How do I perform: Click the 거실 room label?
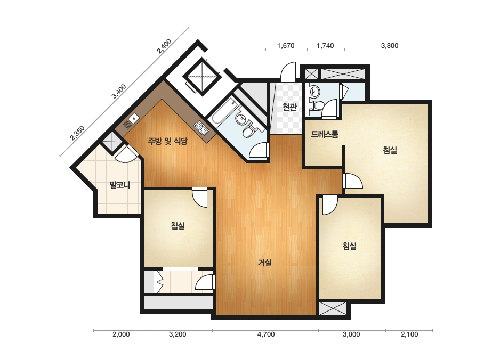pyautogui.click(x=265, y=262)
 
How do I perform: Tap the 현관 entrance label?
pyautogui.click(x=289, y=107)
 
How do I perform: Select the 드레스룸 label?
pyautogui.click(x=325, y=134)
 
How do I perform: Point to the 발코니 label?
pyautogui.click(x=119, y=185)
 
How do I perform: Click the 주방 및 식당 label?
pyautogui.click(x=167, y=141)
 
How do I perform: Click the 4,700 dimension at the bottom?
pyautogui.click(x=266, y=334)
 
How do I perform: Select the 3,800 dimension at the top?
pyautogui.click(x=390, y=45)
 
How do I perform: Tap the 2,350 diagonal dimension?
pyautogui.click(x=77, y=133)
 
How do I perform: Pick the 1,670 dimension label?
pyautogui.click(x=286, y=45)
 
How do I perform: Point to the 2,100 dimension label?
pyautogui.click(x=409, y=334)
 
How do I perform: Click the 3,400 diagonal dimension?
pyautogui.click(x=119, y=91)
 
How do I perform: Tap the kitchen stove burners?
pyautogui.click(x=201, y=128)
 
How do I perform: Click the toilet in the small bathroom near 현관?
pyautogui.click(x=316, y=105)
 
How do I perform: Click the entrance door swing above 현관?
pyautogui.click(x=288, y=72)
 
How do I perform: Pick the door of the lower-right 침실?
pyautogui.click(x=329, y=205)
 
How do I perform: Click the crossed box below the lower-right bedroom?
pyautogui.click(x=332, y=308)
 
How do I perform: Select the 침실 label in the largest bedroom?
pyautogui.click(x=390, y=150)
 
